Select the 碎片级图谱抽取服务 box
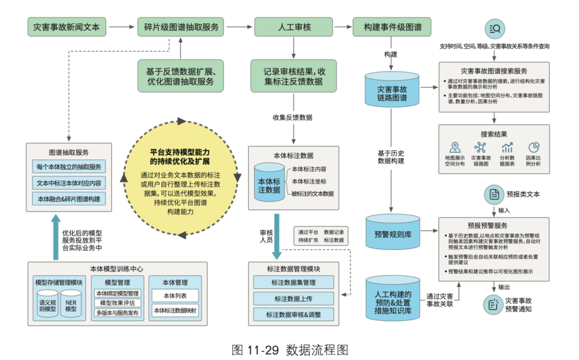pos(180,27)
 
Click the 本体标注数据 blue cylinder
pos(269,184)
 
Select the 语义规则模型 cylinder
pos(48,305)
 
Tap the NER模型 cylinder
pos(71,305)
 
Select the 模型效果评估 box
pos(117,303)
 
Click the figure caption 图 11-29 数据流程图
pos(289,348)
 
